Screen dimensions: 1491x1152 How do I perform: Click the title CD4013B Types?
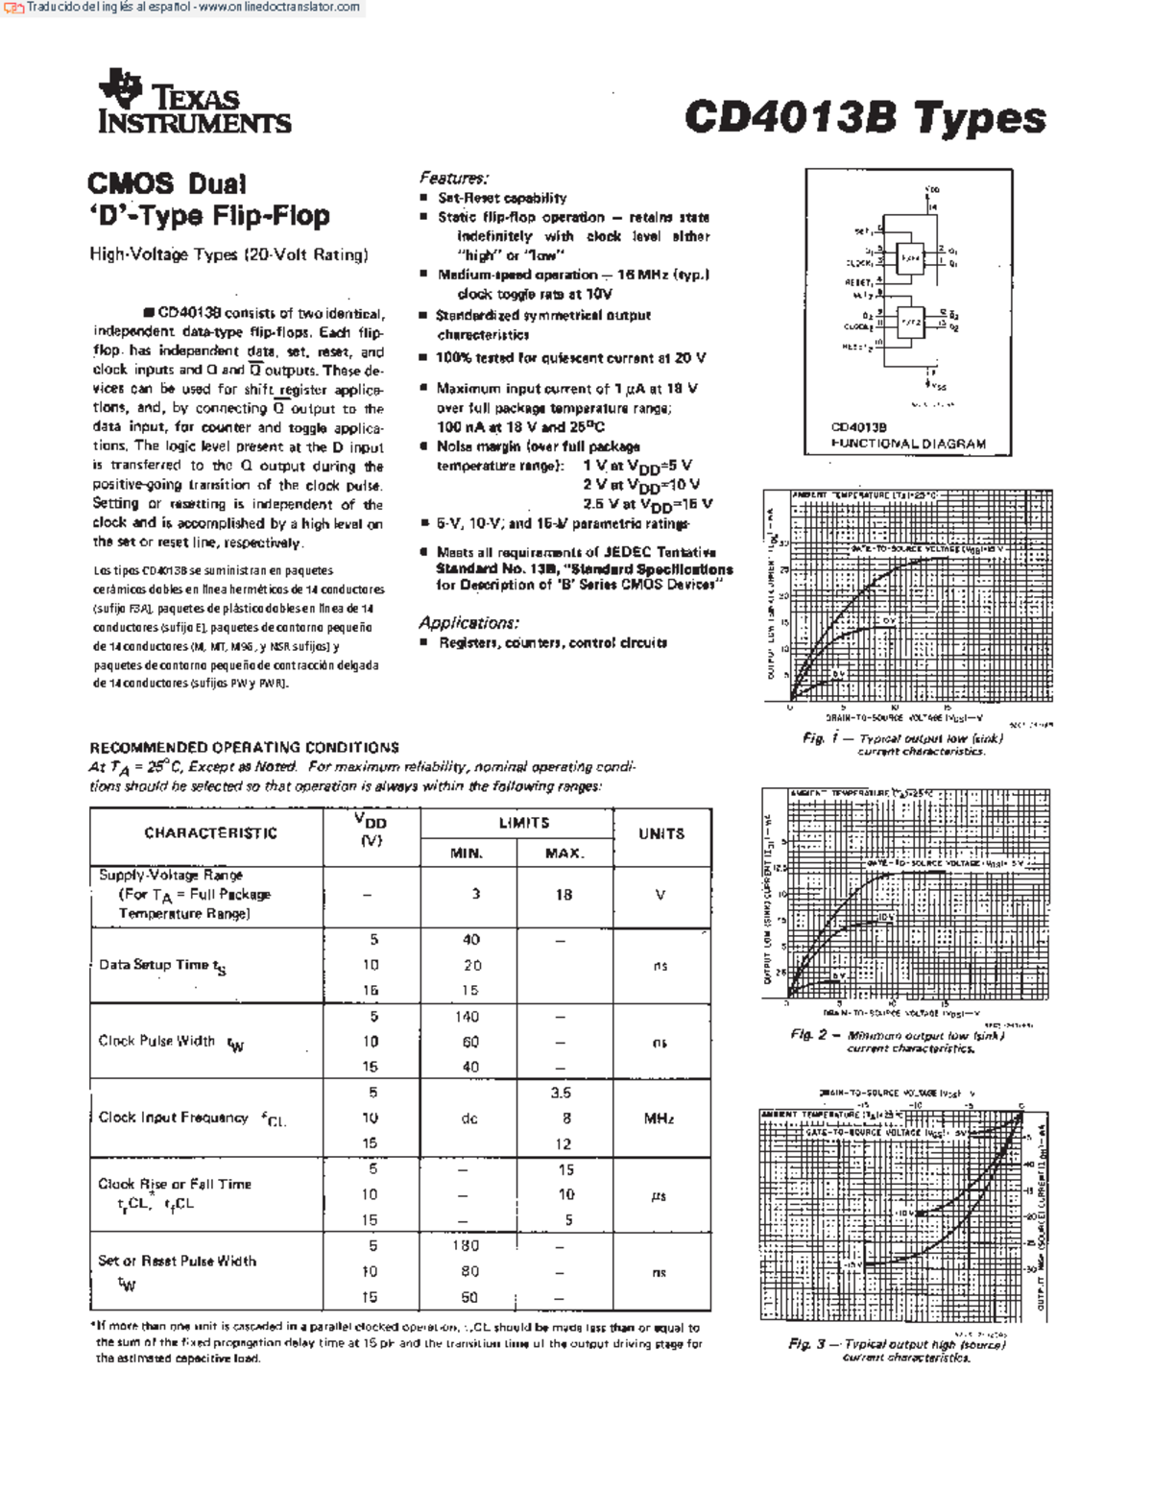click(864, 117)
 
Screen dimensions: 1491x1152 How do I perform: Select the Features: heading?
click(453, 178)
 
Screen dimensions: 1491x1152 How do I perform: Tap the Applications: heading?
click(468, 622)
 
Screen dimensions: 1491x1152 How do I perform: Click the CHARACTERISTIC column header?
click(210, 833)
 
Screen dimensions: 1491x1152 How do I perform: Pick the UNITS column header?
click(661, 833)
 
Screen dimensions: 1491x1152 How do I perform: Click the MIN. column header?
click(468, 853)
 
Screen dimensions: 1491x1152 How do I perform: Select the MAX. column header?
click(564, 853)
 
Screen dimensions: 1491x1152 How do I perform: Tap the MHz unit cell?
click(660, 1118)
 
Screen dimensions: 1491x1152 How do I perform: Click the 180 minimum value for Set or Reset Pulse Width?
click(467, 1245)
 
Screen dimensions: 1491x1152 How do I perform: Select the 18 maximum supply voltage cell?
click(564, 895)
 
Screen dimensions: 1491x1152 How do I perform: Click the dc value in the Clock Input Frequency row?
click(468, 1118)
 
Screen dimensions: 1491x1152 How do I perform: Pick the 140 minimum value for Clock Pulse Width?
click(468, 1016)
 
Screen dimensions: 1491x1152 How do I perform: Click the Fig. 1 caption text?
click(903, 744)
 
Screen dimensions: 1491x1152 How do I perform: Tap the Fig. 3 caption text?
click(897, 1350)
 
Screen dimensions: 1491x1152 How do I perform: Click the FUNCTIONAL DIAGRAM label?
click(908, 444)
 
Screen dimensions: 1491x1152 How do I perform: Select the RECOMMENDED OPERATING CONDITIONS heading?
click(244, 747)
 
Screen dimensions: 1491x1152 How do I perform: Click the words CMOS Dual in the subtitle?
click(167, 183)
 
